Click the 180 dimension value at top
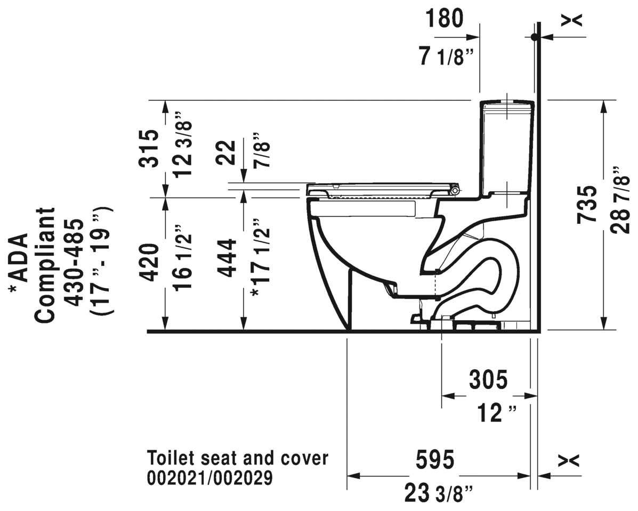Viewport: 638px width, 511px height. click(x=444, y=19)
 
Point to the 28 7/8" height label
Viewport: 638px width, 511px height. click(x=621, y=200)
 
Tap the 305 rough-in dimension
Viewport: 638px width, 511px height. click(x=488, y=380)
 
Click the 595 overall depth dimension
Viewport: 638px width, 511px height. click(x=434, y=459)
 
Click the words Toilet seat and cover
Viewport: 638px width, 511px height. click(x=237, y=458)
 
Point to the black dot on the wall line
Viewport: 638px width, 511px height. click(x=535, y=37)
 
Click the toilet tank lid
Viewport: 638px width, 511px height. click(x=507, y=102)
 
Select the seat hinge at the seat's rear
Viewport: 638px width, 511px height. click(x=455, y=190)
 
